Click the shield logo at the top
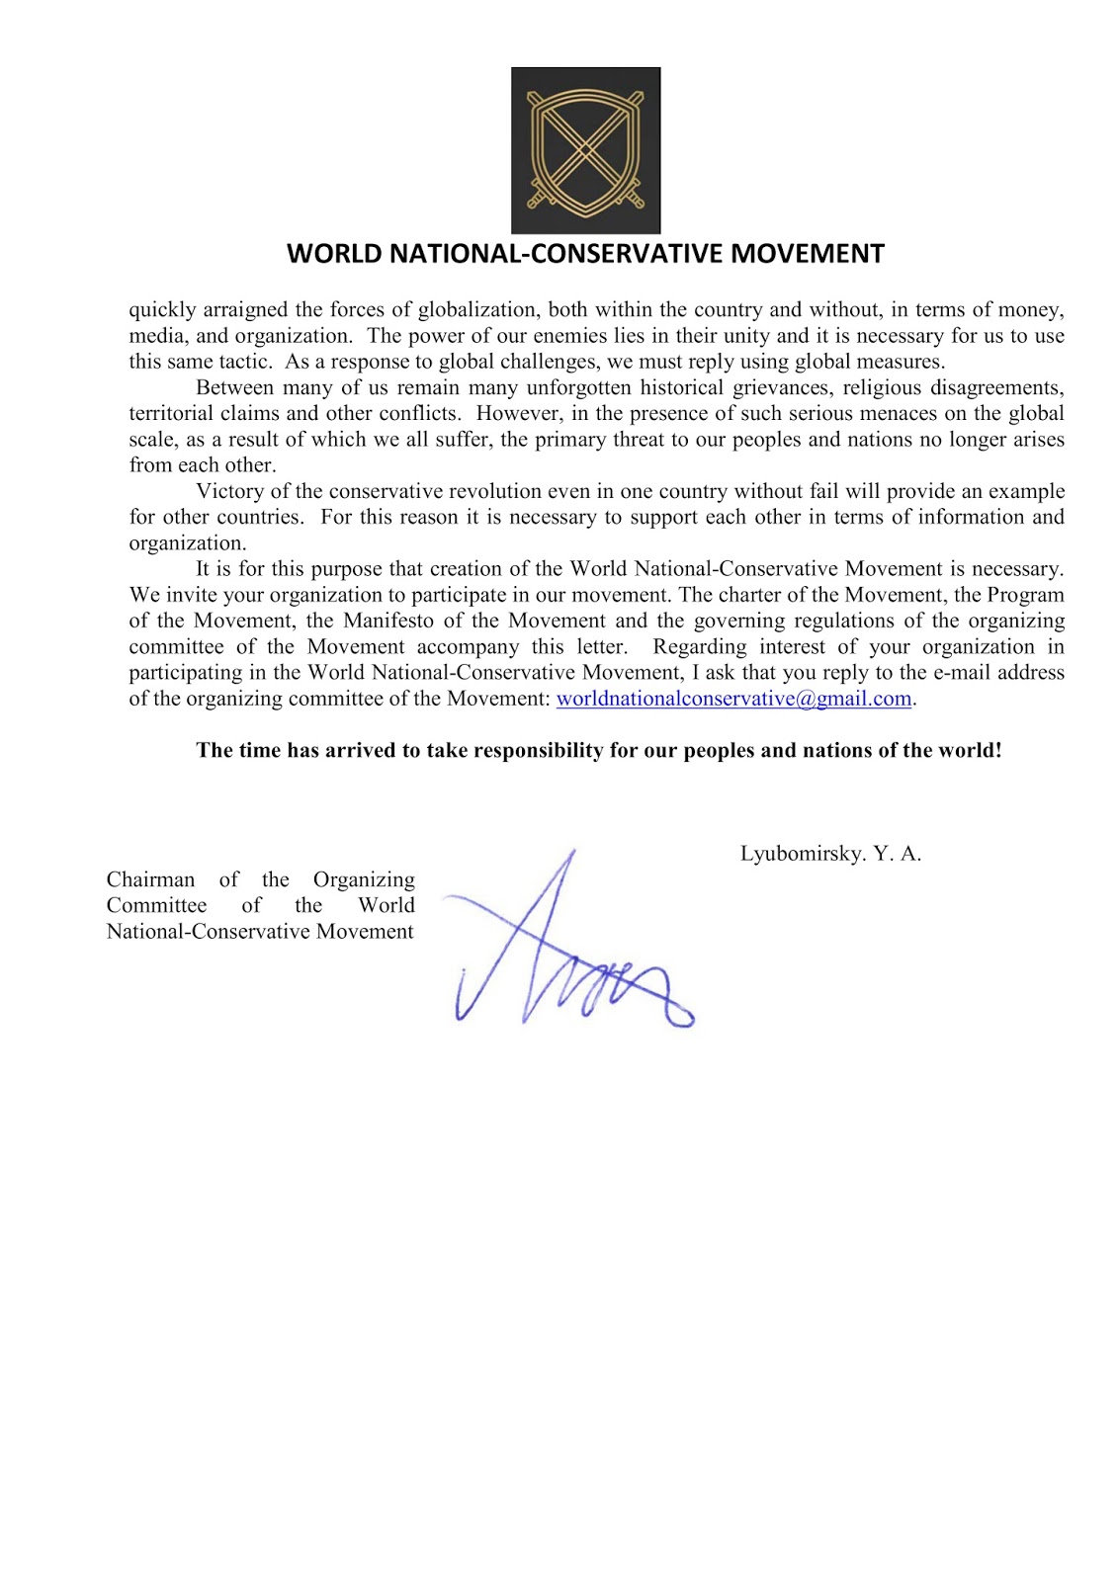point(585,150)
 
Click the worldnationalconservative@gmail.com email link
point(733,699)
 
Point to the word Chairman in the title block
point(150,879)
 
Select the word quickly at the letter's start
point(162,310)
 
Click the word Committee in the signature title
point(156,905)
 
